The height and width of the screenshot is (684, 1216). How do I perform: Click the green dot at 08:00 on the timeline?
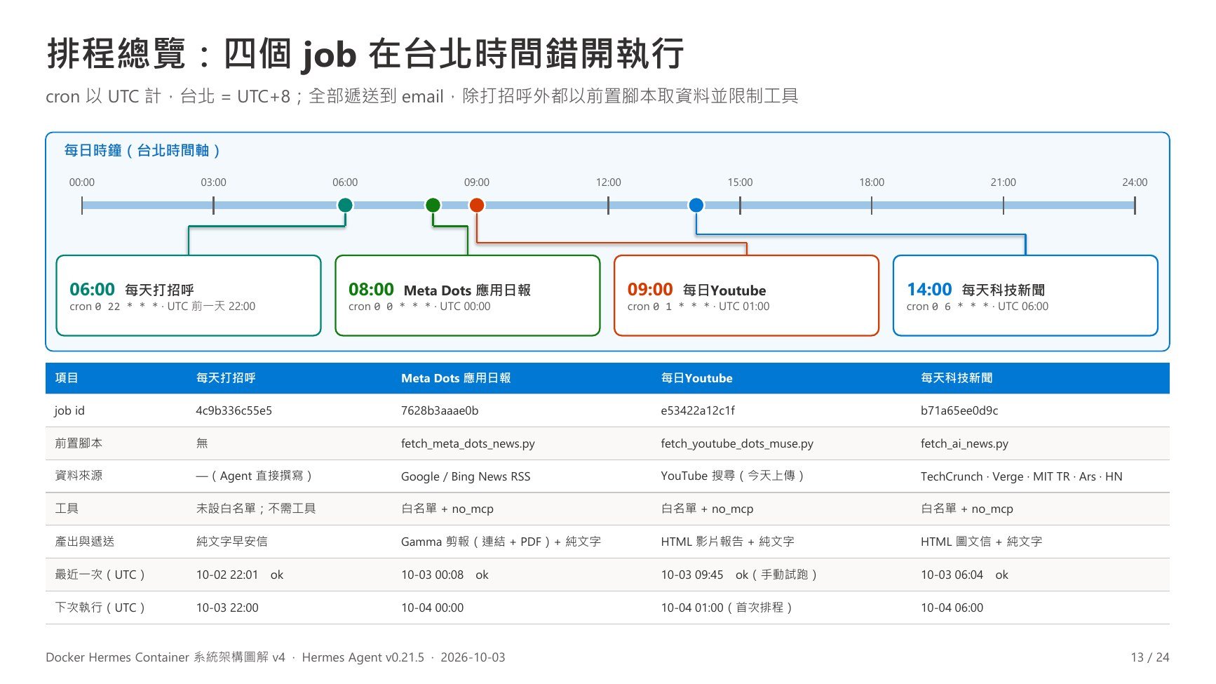[433, 205]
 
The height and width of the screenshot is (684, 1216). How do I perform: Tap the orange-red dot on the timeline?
[477, 205]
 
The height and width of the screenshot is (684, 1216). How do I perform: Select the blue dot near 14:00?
[696, 205]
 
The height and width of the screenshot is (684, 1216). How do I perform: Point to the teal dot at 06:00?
[345, 205]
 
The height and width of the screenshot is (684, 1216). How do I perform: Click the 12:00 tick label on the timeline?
[608, 182]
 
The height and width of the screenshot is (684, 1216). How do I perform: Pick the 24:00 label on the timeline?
[1135, 182]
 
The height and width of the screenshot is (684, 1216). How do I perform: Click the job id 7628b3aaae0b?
[440, 410]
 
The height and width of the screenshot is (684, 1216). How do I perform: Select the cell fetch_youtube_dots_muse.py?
[737, 443]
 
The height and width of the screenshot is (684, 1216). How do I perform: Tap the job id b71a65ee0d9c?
[959, 410]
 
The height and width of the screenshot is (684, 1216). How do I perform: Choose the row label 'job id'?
[69, 410]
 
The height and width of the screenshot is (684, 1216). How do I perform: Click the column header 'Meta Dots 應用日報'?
[456, 378]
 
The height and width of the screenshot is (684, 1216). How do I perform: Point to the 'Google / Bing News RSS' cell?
[466, 476]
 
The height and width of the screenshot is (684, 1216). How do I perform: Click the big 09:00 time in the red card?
[650, 289]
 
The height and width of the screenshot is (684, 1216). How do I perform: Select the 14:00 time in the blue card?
[929, 289]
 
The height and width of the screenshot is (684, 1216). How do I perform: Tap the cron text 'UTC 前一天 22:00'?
[211, 307]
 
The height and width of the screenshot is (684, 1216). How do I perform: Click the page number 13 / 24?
[1150, 657]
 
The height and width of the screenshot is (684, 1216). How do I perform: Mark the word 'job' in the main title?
[330, 55]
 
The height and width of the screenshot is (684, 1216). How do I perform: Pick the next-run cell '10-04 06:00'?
[952, 608]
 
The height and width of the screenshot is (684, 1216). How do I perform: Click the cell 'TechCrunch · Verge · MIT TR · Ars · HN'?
[1022, 476]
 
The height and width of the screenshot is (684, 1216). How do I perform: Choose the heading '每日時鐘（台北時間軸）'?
[143, 150]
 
